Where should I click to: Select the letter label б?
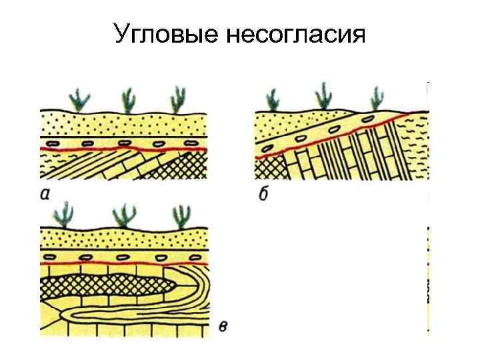[263, 195]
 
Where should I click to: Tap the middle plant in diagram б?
[324, 95]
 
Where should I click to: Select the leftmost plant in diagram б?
[273, 99]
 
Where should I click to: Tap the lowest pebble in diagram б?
[269, 149]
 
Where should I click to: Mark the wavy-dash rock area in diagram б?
[417, 147]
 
